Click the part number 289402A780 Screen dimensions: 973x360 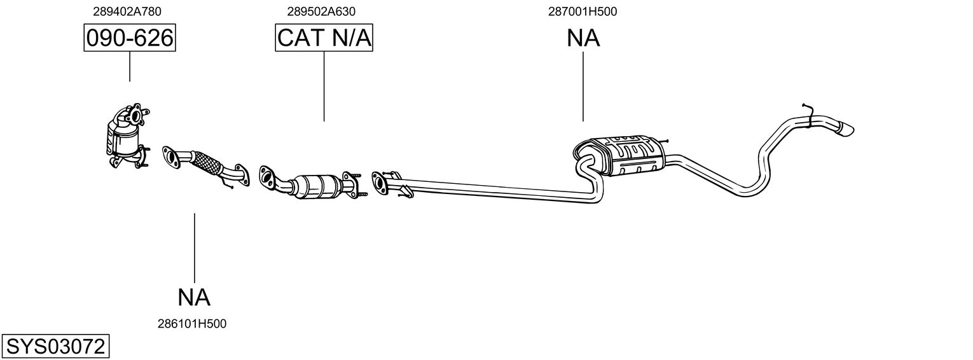[x=127, y=11]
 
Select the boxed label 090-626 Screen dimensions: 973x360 [x=130, y=38]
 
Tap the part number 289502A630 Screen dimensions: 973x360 [x=321, y=11]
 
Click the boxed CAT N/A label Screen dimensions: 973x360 [x=324, y=38]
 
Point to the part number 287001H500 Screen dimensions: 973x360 [x=583, y=11]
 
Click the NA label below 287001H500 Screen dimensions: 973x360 [x=583, y=38]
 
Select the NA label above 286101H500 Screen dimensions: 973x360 [x=194, y=298]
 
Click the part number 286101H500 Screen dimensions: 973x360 [x=192, y=324]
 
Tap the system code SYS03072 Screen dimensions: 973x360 [x=55, y=347]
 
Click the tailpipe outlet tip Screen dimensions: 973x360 [x=847, y=129]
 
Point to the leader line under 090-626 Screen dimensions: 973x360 [x=130, y=66]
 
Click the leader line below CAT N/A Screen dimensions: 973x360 [x=324, y=86]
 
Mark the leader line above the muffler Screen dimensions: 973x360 [x=583, y=87]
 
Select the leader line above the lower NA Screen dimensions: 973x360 [x=194, y=248]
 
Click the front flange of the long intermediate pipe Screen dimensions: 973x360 [x=380, y=182]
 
